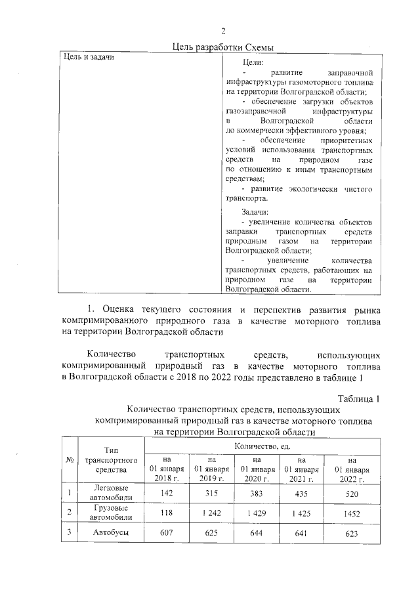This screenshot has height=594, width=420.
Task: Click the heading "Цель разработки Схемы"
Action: tap(222, 46)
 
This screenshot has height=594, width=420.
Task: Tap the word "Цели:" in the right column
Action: tap(253, 62)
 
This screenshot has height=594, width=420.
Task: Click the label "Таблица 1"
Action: tap(359, 398)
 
